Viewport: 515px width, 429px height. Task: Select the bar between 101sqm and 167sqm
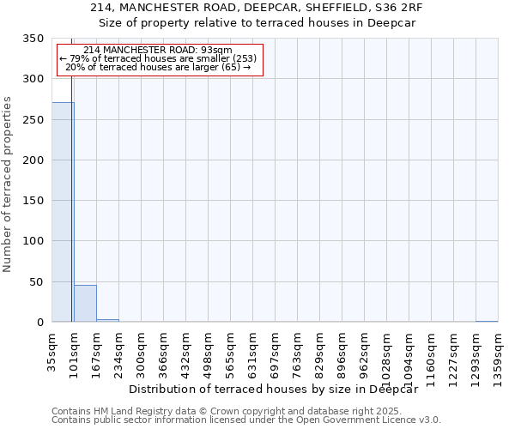pyautogui.click(x=85, y=304)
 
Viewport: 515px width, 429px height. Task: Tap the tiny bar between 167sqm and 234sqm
pyautogui.click(x=107, y=320)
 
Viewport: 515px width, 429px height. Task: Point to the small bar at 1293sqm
pyautogui.click(x=486, y=321)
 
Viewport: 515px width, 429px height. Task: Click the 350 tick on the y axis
pyautogui.click(x=34, y=39)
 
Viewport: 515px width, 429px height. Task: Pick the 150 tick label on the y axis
pyautogui.click(x=34, y=201)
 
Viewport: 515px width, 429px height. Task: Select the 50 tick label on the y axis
pyautogui.click(x=38, y=282)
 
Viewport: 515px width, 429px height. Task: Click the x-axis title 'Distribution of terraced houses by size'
pyautogui.click(x=279, y=389)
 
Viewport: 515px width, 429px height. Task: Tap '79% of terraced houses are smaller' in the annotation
pyautogui.click(x=158, y=58)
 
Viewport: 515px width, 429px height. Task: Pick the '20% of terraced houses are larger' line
pyautogui.click(x=158, y=67)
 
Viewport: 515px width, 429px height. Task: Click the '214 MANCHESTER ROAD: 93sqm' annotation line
pyautogui.click(x=158, y=50)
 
